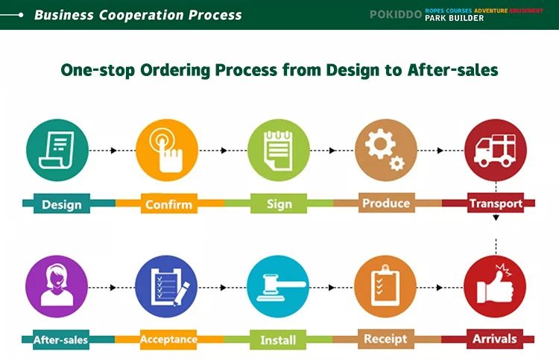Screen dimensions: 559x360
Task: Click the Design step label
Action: pyautogui.click(x=61, y=204)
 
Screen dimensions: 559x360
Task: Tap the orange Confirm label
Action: pyautogui.click(x=168, y=204)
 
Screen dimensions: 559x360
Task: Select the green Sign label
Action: pyautogui.click(x=279, y=203)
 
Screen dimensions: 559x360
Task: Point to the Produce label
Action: pyautogui.click(x=386, y=203)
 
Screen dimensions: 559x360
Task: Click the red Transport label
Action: pyautogui.click(x=495, y=203)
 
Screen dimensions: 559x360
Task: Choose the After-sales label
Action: pyautogui.click(x=60, y=340)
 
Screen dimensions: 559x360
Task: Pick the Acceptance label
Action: pyautogui.click(x=168, y=340)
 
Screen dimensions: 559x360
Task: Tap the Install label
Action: pyautogui.click(x=278, y=341)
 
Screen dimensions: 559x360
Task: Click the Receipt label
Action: pyautogui.click(x=385, y=339)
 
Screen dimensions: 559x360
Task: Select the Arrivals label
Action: pyautogui.click(x=494, y=339)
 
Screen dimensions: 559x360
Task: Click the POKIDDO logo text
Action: pyautogui.click(x=395, y=14)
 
